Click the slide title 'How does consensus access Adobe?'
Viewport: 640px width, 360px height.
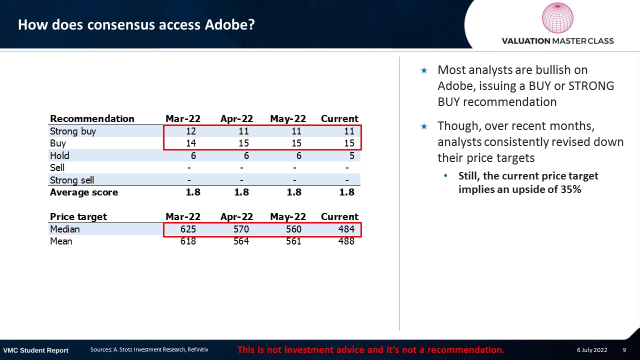(136, 24)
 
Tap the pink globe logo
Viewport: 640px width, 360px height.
(557, 18)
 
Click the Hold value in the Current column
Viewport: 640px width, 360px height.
(351, 155)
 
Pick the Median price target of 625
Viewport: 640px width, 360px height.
(187, 229)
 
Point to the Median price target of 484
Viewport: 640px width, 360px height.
(345, 229)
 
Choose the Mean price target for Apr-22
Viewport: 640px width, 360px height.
(240, 241)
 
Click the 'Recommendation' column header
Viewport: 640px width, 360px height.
(92, 118)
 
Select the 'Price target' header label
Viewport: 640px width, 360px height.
(78, 216)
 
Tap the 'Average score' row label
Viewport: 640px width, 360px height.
(84, 192)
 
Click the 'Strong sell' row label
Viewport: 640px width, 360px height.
(72, 180)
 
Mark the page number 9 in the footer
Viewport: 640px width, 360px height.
(624, 350)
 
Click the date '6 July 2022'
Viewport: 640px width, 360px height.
(592, 350)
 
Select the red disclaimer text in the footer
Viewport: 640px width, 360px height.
(370, 349)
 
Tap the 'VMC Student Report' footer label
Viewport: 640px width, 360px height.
(36, 350)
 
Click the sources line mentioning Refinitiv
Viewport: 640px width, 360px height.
(149, 349)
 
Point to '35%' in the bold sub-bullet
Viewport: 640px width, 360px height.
(570, 189)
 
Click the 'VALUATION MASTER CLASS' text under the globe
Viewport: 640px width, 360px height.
(557, 41)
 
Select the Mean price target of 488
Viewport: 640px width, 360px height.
(345, 241)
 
